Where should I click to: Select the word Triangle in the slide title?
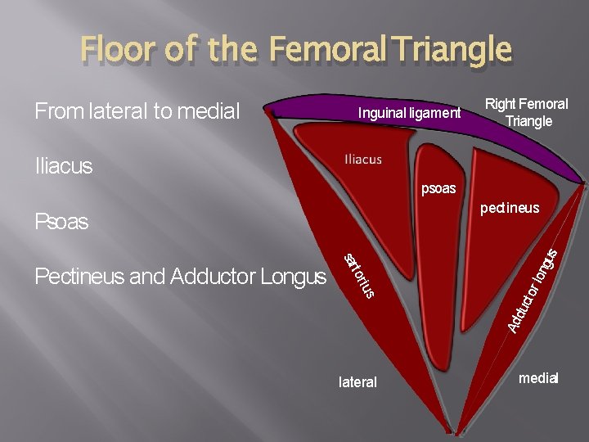coord(451,51)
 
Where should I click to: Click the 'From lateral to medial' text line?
coord(137,110)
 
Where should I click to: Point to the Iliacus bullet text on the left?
coord(64,166)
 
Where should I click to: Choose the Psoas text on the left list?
coord(61,222)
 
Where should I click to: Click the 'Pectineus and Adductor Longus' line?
coord(180,277)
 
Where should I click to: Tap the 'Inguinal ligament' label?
coord(409,113)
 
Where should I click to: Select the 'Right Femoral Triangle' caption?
coord(527,113)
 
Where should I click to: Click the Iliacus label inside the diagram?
coord(363,159)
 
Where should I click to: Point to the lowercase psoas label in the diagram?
coord(438,190)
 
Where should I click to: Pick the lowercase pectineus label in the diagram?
coord(510,208)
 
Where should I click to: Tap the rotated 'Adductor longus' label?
coord(533,291)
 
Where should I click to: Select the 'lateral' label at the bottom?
coord(357,382)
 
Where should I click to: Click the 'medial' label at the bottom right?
coord(538,378)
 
